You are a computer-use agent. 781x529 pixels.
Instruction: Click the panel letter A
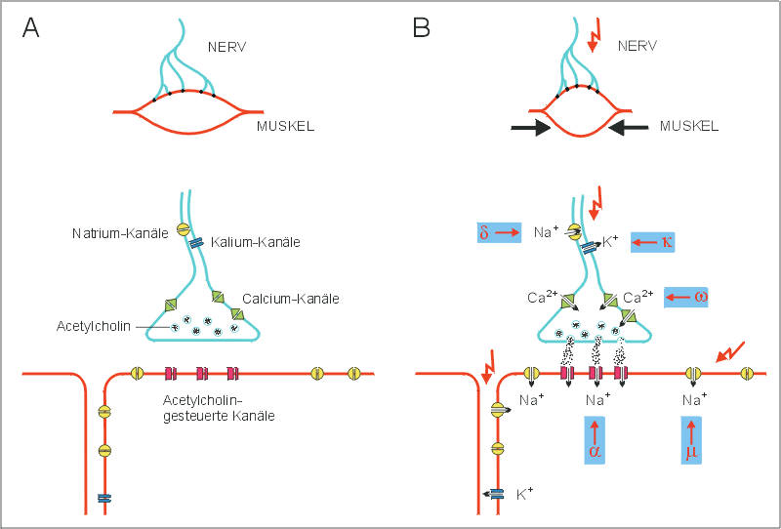click(31, 28)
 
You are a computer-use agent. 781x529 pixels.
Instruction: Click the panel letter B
click(421, 28)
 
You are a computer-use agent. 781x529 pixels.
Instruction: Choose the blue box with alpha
click(594, 441)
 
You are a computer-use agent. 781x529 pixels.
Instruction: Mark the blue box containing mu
click(691, 441)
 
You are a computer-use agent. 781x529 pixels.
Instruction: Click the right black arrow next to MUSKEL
click(627, 126)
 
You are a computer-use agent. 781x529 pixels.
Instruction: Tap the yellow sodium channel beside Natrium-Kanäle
click(182, 229)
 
